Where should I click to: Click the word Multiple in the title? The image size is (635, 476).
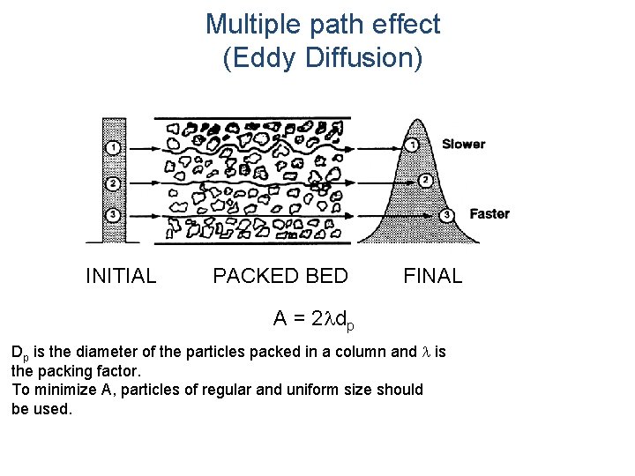click(x=250, y=25)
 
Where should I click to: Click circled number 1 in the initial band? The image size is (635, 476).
click(x=113, y=146)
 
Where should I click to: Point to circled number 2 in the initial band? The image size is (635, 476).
click(x=113, y=183)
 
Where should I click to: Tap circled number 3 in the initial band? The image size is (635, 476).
click(x=113, y=214)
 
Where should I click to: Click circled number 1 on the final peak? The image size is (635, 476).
click(x=411, y=145)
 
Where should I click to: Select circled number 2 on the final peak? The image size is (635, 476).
click(x=425, y=181)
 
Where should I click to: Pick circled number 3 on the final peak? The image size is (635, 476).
click(x=447, y=214)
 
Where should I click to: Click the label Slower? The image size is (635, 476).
click(x=463, y=144)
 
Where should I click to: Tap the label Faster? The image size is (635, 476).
click(x=489, y=213)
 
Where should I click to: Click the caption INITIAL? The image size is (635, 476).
click(x=121, y=276)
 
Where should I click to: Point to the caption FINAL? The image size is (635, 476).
click(x=432, y=276)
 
